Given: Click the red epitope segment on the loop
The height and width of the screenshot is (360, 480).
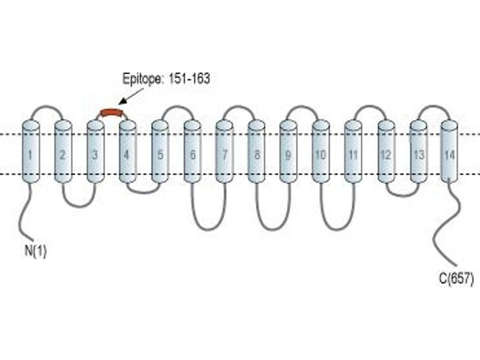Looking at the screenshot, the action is pyautogui.click(x=112, y=112).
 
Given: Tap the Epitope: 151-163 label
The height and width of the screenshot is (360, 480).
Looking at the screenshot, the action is pyautogui.click(x=166, y=79).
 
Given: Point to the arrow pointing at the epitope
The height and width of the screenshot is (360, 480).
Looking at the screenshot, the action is pyautogui.click(x=131, y=96).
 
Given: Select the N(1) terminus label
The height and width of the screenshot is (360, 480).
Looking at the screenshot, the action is pyautogui.click(x=35, y=251).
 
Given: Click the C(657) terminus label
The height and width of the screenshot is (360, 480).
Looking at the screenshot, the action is pyautogui.click(x=456, y=279).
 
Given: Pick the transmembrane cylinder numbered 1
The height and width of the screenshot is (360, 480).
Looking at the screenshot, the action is pyautogui.click(x=31, y=152).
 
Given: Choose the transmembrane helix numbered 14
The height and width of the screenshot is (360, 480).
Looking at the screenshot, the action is pyautogui.click(x=449, y=152).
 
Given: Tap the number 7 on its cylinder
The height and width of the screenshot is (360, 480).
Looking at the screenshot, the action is pyautogui.click(x=224, y=155).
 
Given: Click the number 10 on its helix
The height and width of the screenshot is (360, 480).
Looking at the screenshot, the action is pyautogui.click(x=320, y=155).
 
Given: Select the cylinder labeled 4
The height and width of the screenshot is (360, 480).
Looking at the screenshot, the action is pyautogui.click(x=128, y=152).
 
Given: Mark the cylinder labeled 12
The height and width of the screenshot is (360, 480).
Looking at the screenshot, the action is pyautogui.click(x=386, y=152).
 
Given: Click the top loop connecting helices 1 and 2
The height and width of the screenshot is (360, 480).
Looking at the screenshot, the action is pyautogui.click(x=47, y=107).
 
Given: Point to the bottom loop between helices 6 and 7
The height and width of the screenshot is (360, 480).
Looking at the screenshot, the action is pyautogui.click(x=208, y=229).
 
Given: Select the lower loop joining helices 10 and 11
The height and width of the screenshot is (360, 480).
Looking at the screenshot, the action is pyautogui.click(x=338, y=229).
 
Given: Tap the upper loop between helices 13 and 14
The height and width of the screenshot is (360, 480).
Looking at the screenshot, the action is pyautogui.click(x=433, y=107).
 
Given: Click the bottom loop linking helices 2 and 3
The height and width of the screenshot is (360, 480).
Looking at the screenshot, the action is pyautogui.click(x=79, y=206).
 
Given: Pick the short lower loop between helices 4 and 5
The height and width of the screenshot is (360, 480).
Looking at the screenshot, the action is pyautogui.click(x=143, y=193).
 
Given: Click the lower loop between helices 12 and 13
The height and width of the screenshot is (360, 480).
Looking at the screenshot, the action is pyautogui.click(x=403, y=195).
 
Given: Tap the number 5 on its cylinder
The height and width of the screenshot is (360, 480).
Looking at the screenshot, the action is pyautogui.click(x=160, y=155).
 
